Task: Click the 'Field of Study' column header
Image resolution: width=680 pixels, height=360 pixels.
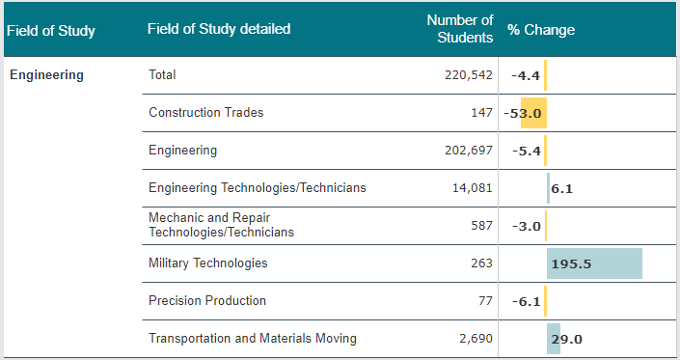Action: pos(51,31)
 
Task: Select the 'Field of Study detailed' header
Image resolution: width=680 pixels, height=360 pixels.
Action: pos(219,29)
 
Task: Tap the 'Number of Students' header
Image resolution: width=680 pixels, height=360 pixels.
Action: pos(460,29)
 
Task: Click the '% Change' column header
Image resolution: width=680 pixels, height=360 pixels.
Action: pos(541,30)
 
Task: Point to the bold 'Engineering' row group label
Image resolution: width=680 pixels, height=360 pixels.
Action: pos(47,74)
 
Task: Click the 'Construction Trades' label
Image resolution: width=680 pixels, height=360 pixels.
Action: pos(206,112)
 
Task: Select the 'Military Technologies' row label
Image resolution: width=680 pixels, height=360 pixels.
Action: pos(208,263)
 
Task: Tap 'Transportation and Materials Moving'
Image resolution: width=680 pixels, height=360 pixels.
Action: pos(253,339)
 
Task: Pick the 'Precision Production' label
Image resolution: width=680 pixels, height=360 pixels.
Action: pos(207,300)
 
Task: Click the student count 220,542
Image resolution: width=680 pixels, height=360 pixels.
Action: pos(469,75)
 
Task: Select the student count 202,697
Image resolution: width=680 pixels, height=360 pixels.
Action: pos(469,150)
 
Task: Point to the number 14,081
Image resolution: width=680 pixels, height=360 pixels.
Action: pos(473,188)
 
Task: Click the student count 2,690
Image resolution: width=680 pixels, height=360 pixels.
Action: pos(476,339)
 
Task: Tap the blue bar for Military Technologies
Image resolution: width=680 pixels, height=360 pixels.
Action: pos(594,263)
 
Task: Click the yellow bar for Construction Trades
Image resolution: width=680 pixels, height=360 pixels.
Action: pos(533,113)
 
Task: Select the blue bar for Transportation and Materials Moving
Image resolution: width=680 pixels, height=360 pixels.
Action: pos(554,339)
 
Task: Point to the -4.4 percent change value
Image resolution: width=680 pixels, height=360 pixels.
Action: pos(526,76)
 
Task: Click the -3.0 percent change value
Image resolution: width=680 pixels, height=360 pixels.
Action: pos(527,227)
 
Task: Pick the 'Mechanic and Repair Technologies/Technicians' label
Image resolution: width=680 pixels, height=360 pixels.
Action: pos(221,225)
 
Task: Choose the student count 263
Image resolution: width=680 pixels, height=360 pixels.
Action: pos(482,263)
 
